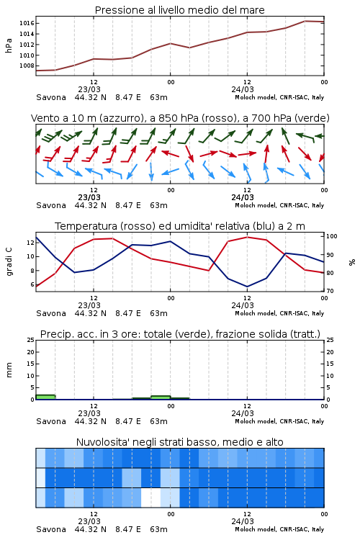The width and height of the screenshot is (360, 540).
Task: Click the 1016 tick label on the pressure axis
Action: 27,24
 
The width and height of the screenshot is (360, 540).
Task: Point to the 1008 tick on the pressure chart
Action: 27,66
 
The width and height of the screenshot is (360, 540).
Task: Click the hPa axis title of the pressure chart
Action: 9,45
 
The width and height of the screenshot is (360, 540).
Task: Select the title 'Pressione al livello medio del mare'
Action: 180,10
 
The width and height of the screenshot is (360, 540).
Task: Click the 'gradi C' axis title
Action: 9,261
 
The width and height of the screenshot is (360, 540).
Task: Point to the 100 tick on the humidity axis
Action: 332,236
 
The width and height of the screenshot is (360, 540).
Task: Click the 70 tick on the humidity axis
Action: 330,291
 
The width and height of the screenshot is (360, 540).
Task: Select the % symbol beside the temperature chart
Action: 352,262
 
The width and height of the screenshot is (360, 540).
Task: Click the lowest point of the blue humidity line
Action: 247,287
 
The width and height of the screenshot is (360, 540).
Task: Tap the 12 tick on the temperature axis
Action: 30,243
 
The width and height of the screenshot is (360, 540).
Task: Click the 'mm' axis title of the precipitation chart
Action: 9,369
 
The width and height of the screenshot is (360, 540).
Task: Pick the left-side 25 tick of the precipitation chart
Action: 31,340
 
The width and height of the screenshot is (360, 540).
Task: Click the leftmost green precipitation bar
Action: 45,397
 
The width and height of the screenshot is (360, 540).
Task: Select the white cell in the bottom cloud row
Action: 151,498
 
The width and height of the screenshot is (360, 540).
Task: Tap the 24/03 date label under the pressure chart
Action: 243,89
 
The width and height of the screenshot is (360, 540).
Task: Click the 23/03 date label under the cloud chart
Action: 89,521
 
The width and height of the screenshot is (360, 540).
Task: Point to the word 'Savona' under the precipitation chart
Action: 51,421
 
